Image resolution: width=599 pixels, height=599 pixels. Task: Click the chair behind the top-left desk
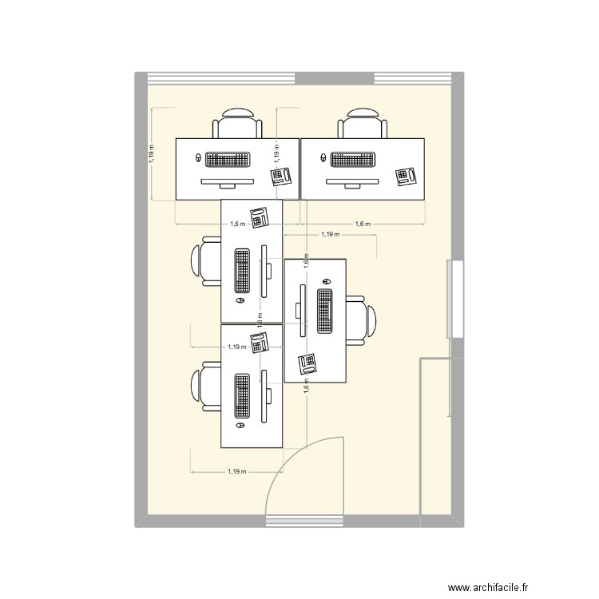pyautogui.click(x=237, y=124)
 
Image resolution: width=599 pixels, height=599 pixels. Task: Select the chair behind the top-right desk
pyautogui.click(x=363, y=124)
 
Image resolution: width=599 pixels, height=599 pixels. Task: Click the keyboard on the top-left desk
pyautogui.click(x=228, y=159)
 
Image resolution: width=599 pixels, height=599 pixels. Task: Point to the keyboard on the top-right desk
pyautogui.click(x=354, y=159)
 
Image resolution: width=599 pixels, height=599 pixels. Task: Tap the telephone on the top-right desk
pyautogui.click(x=407, y=177)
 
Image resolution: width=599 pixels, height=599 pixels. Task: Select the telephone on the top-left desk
pyautogui.click(x=281, y=177)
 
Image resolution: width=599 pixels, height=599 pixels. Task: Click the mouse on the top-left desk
pyautogui.click(x=198, y=159)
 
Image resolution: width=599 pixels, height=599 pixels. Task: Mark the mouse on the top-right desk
pyautogui.click(x=323, y=159)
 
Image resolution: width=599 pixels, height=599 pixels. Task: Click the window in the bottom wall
pyautogui.click(x=303, y=522)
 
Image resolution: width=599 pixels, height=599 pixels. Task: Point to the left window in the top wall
pyautogui.click(x=222, y=78)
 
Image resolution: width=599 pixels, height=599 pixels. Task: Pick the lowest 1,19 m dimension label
pyautogui.click(x=236, y=472)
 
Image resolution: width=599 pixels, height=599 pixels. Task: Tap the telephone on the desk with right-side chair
pyautogui.click(x=307, y=364)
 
